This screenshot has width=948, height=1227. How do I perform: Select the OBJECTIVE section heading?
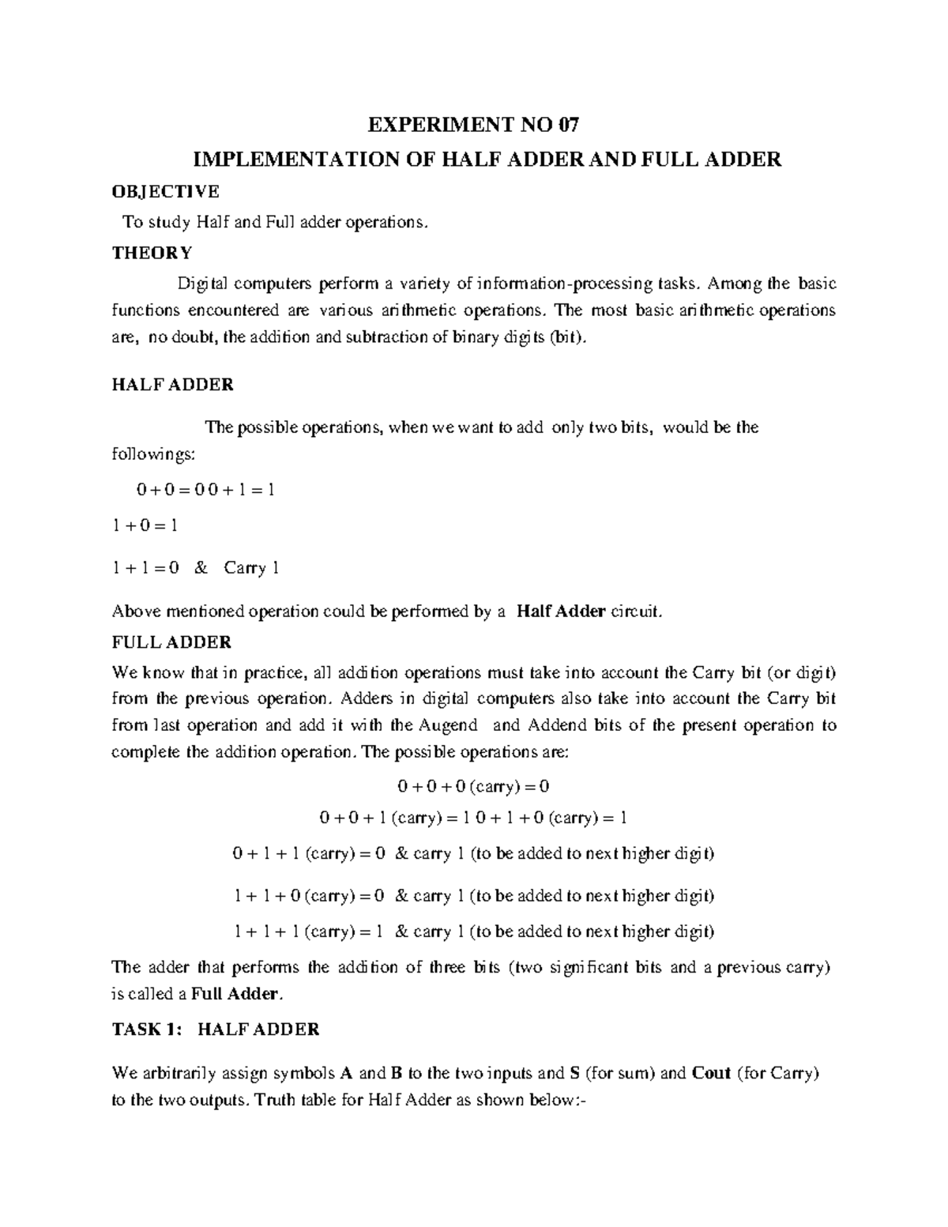pyautogui.click(x=165, y=191)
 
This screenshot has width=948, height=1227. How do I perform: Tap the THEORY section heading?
pyautogui.click(x=152, y=253)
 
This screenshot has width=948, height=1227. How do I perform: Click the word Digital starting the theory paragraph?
pyautogui.click(x=202, y=284)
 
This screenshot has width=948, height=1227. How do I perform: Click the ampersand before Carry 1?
pyautogui.click(x=200, y=568)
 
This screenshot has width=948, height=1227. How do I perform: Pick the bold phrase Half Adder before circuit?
pyautogui.click(x=560, y=612)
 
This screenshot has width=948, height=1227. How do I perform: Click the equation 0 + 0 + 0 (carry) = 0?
pyautogui.click(x=473, y=787)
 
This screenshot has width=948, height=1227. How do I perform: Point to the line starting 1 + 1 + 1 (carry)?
pyautogui.click(x=474, y=932)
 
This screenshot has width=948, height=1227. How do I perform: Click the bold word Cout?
pyautogui.click(x=711, y=1074)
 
